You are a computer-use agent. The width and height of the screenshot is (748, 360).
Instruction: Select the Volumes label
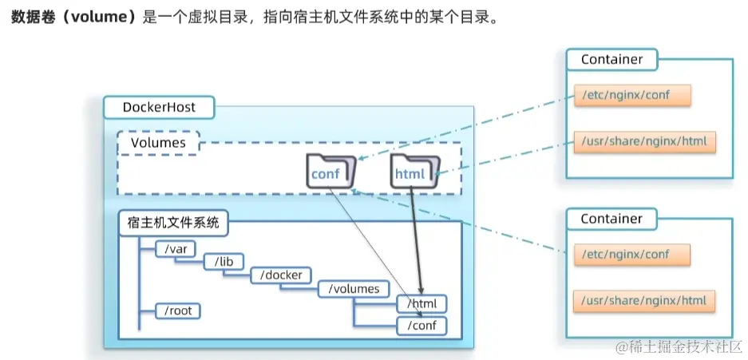pyautogui.click(x=158, y=143)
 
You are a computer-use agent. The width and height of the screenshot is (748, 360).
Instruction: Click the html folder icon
pyautogui.click(x=414, y=172)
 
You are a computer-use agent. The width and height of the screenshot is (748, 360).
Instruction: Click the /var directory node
pyautogui.click(x=175, y=248)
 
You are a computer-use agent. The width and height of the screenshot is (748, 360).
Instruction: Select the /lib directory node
pyautogui.click(x=224, y=261)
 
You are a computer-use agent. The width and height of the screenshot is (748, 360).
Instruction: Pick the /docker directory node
pyautogui.click(x=281, y=275)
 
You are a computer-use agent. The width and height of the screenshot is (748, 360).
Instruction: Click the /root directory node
pyautogui.click(x=177, y=311)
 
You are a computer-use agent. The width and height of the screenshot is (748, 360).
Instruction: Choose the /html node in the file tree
pyautogui.click(x=421, y=304)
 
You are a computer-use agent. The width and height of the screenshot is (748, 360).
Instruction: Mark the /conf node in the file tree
pyautogui.click(x=421, y=325)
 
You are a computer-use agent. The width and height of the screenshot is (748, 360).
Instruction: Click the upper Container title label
pyautogui.click(x=611, y=59)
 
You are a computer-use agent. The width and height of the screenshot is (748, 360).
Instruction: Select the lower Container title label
pyautogui.click(x=611, y=218)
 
